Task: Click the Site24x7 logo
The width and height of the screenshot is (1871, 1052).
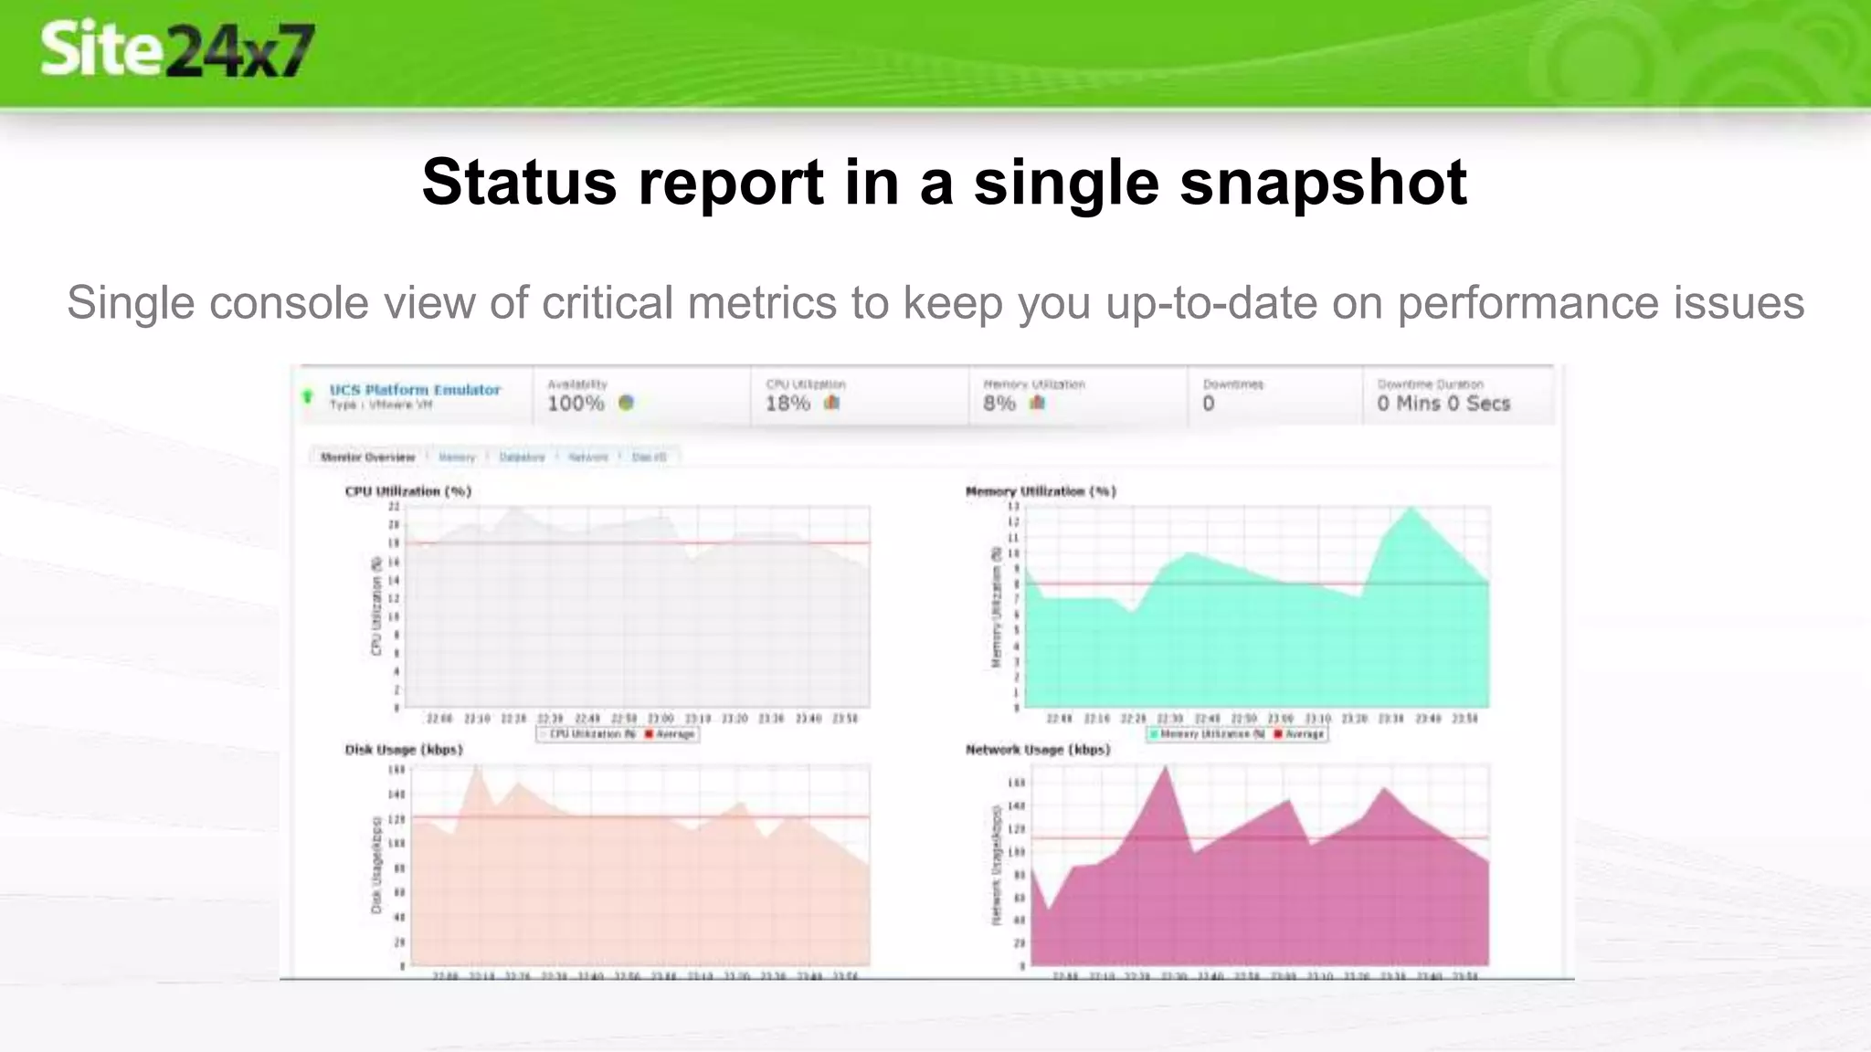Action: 177,49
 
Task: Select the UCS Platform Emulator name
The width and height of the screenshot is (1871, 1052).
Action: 415,390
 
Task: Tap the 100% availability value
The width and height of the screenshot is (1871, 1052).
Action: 576,404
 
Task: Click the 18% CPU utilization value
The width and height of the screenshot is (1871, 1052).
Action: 788,404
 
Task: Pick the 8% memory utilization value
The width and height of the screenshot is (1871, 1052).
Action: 999,404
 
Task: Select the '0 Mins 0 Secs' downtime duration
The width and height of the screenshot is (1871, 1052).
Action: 1443,404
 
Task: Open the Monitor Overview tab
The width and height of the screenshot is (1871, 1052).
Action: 368,457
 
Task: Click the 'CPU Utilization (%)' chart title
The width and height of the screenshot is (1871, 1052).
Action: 407,491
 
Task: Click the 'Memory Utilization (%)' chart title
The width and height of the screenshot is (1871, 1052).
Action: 1041,491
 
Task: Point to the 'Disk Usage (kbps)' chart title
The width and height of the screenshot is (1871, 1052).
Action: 404,750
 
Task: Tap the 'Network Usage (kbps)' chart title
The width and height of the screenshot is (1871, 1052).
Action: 1038,750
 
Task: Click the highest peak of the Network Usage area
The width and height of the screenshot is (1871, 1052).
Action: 1165,769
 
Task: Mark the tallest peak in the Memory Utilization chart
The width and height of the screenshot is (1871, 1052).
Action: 1411,509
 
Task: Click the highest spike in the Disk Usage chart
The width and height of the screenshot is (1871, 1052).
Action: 476,769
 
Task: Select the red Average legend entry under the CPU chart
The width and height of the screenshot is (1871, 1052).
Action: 671,734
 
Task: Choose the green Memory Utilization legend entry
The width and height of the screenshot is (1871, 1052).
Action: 1206,734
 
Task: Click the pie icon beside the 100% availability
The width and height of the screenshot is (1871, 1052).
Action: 626,403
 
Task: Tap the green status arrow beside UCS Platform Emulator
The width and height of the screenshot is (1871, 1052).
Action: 308,397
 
